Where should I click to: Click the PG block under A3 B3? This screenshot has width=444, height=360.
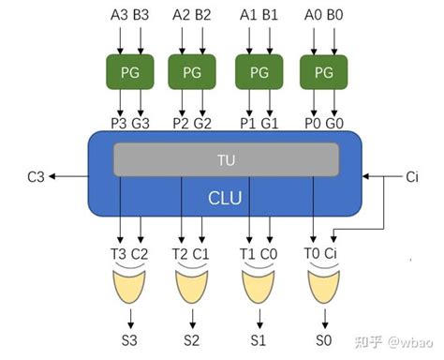(127, 71)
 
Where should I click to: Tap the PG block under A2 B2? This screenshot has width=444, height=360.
(192, 71)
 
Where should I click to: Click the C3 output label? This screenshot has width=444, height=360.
(36, 175)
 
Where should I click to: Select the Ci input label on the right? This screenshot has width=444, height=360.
(412, 175)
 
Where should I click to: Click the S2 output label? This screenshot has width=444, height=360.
(192, 340)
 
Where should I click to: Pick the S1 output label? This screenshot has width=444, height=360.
(258, 340)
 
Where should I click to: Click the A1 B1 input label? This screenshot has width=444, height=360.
(258, 16)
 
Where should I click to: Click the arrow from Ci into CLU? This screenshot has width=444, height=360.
(379, 175)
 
